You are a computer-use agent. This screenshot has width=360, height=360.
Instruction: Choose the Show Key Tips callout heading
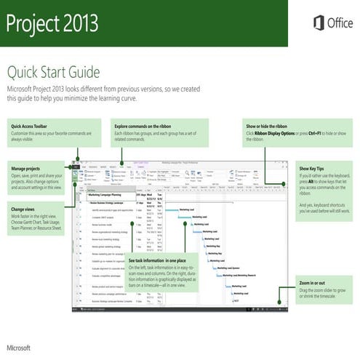(313, 168)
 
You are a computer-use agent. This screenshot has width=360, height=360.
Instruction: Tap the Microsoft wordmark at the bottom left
(20, 339)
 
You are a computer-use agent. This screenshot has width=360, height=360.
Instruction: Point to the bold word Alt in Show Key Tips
(315, 181)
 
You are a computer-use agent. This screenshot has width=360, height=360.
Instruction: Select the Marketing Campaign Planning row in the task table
(109, 196)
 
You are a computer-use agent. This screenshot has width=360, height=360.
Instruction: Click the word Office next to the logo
(340, 23)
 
